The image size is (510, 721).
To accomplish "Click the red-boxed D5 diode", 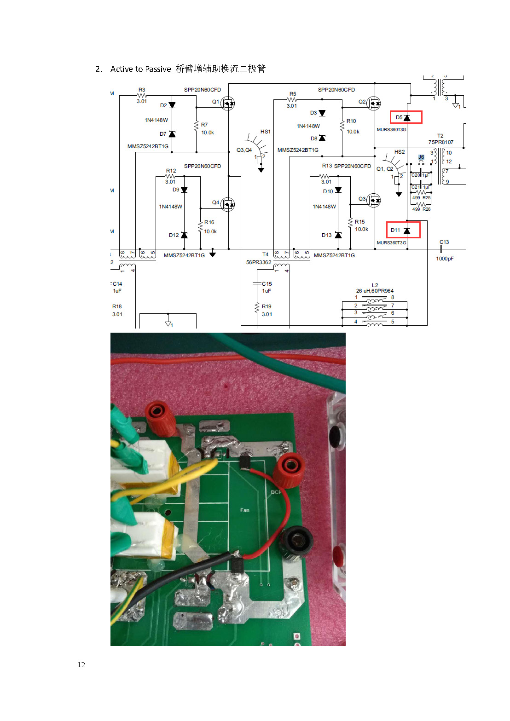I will [x=406, y=117].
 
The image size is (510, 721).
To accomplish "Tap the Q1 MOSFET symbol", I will [x=227, y=103].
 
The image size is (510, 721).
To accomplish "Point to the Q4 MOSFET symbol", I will [x=227, y=204].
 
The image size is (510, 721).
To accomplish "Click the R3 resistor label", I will [x=142, y=90].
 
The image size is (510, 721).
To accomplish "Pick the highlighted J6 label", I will [x=421, y=157].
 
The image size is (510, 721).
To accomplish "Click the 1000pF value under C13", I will [x=445, y=259].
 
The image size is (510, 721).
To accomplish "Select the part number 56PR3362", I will [x=259, y=262].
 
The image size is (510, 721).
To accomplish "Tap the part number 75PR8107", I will [x=440, y=142].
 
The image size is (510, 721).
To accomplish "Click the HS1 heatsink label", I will [x=266, y=132].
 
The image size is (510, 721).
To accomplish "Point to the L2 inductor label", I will [x=375, y=285].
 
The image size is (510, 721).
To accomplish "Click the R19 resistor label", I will [x=267, y=306].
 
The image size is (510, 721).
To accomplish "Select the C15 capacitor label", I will [x=267, y=284].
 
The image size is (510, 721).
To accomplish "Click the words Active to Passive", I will [x=140, y=69].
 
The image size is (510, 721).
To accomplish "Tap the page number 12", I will [x=81, y=664].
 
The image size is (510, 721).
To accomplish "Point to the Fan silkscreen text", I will [x=245, y=510].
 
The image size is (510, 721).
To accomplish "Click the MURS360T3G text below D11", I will [x=391, y=242].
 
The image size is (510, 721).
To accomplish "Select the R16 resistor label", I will [x=209, y=222].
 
